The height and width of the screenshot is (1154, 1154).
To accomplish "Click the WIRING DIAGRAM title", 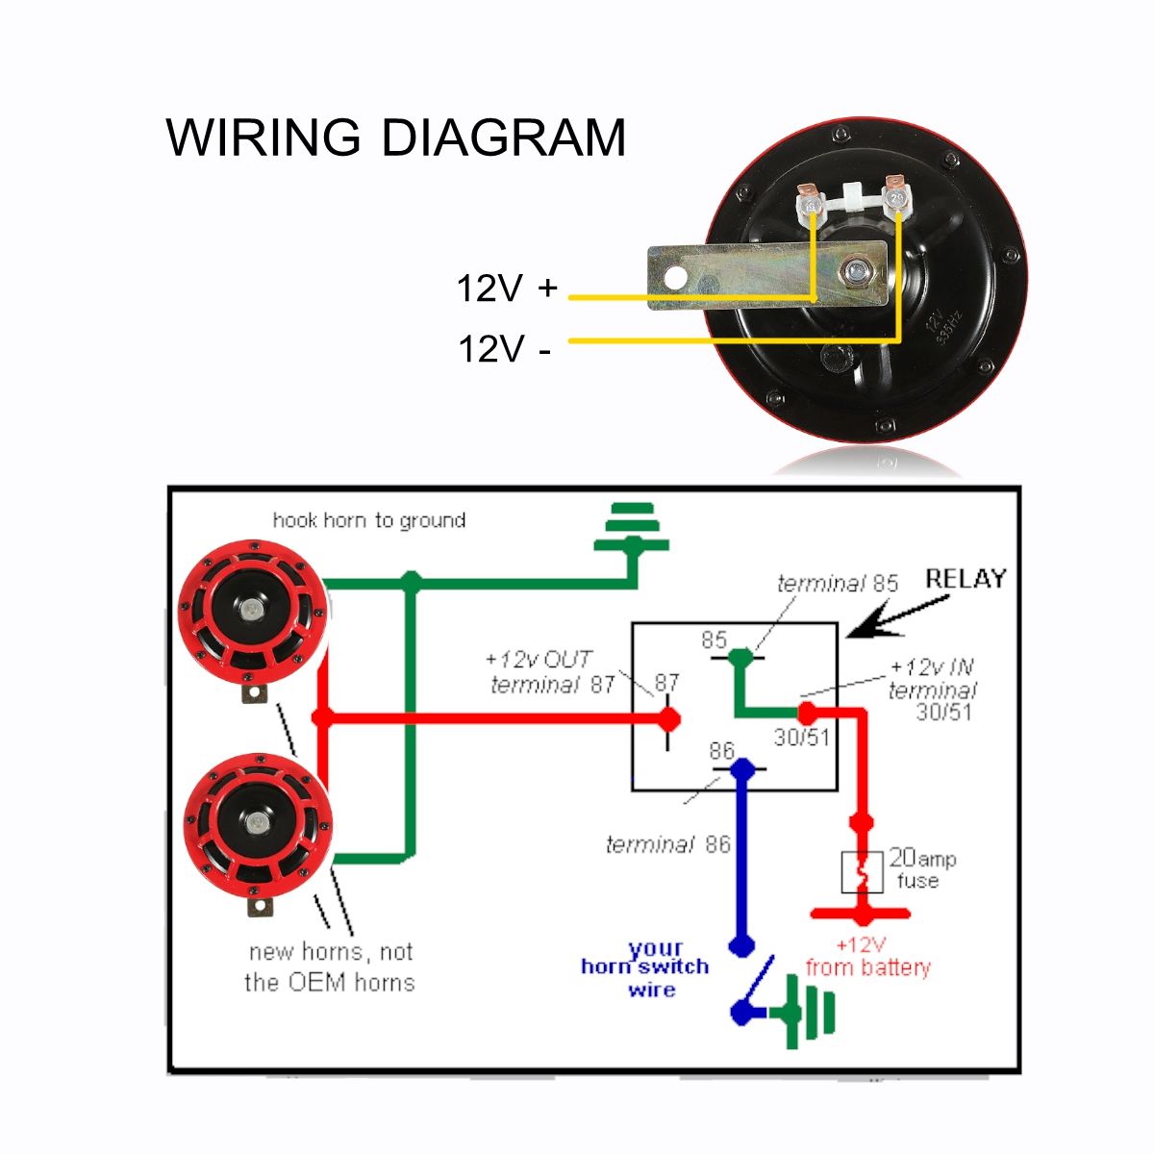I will click(x=396, y=138).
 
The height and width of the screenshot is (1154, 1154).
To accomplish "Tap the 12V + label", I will click(x=507, y=288).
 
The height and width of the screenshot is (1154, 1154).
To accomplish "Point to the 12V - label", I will click(x=505, y=348).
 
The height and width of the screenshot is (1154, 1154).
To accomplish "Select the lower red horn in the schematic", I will click(x=257, y=824).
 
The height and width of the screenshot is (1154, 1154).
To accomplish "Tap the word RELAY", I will click(x=966, y=579).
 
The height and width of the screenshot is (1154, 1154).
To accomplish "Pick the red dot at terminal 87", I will click(x=669, y=717).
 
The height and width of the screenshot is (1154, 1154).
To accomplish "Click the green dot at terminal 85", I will click(x=740, y=658).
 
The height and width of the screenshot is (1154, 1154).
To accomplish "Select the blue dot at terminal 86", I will click(x=740, y=768).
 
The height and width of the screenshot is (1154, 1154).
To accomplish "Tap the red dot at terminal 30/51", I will click(x=807, y=713).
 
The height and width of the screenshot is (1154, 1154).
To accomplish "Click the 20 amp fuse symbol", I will click(x=863, y=871).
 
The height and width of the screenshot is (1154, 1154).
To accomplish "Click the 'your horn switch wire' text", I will click(x=646, y=967).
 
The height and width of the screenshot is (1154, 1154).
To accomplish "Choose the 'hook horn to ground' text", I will click(x=369, y=520).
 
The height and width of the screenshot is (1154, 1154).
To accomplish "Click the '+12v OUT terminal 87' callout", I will click(x=551, y=672).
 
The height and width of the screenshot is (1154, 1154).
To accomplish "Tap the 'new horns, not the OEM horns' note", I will click(x=330, y=966).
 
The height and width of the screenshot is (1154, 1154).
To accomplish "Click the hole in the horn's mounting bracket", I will click(x=676, y=278).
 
